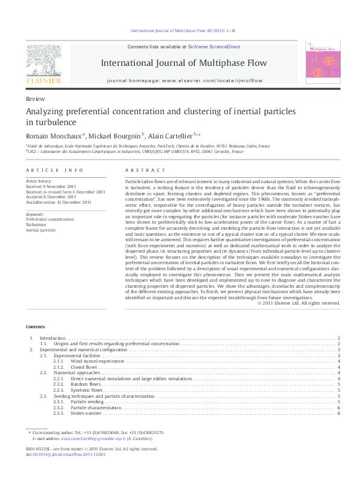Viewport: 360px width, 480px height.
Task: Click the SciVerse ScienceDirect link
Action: click(214, 47)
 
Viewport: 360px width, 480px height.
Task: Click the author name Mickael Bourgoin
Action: click(114, 136)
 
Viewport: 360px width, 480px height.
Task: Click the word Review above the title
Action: click(34, 98)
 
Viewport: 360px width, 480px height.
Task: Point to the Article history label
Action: click(39, 181)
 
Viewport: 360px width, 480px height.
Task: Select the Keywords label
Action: click(34, 214)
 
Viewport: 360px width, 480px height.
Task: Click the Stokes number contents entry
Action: click(86, 413)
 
